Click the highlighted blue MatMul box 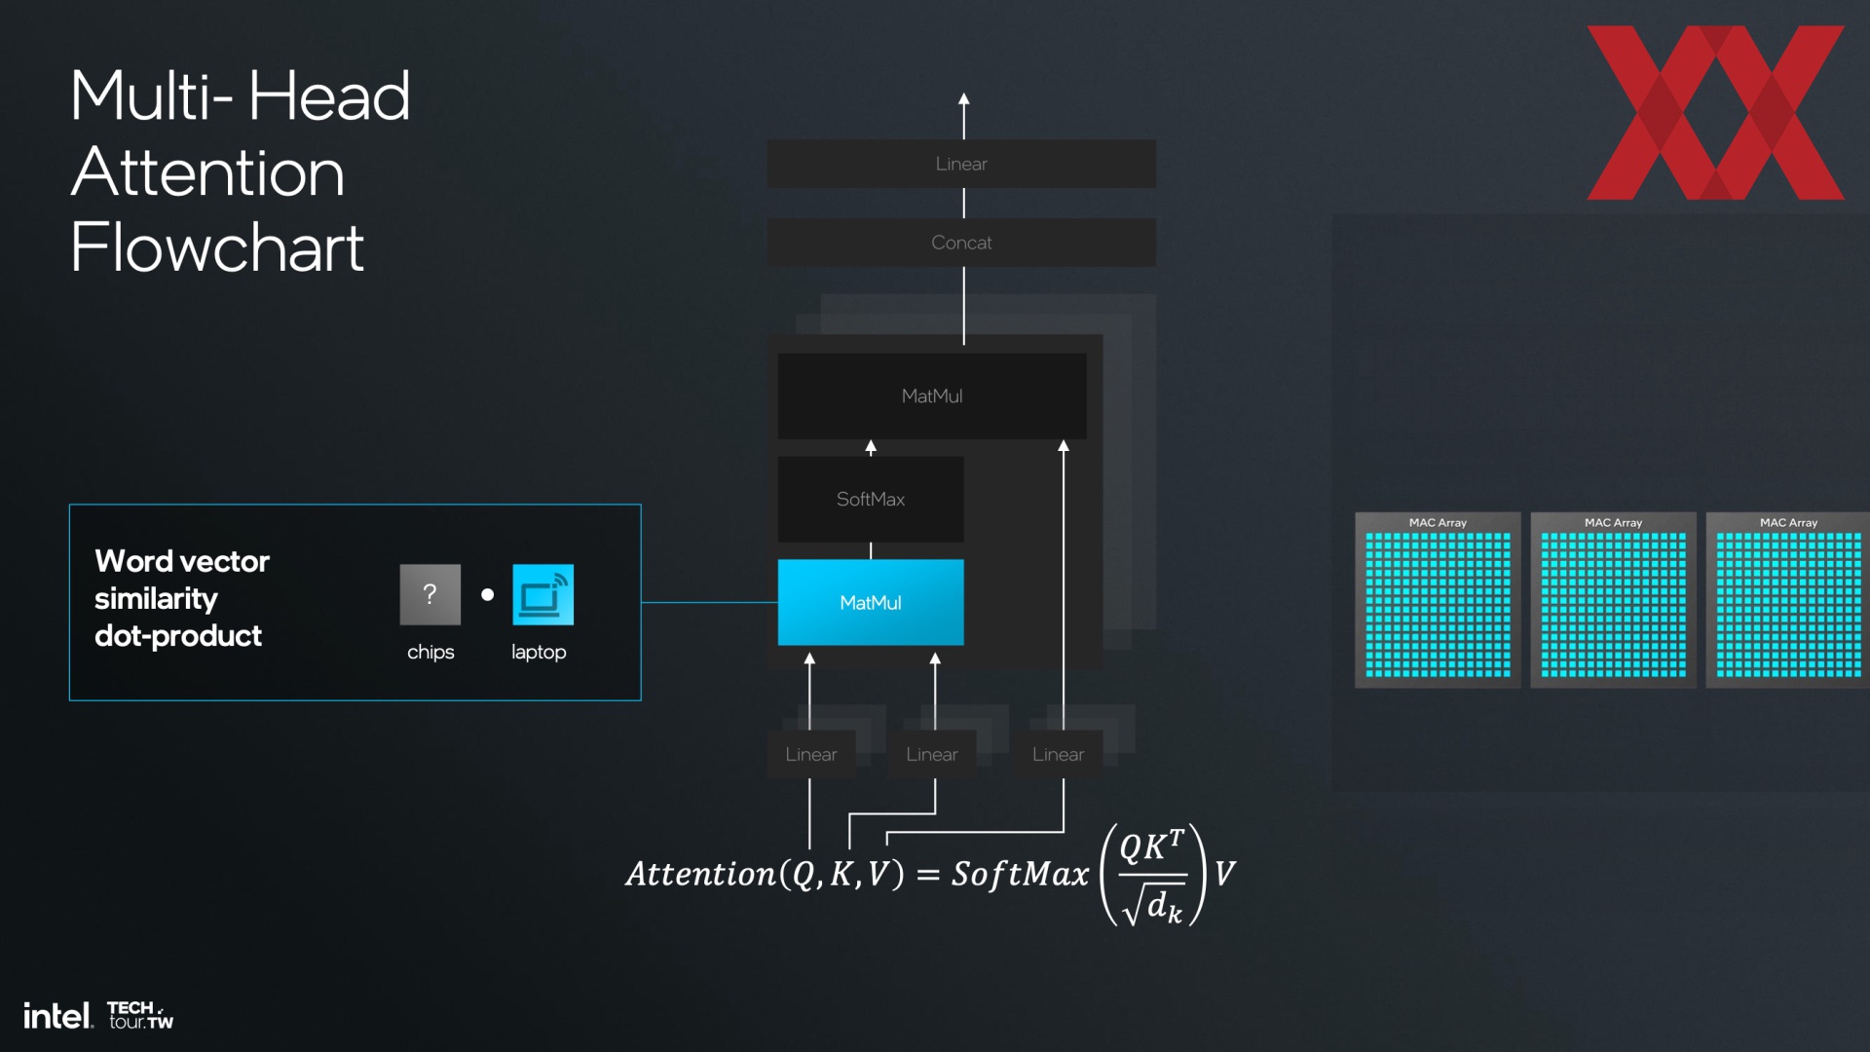click(x=871, y=602)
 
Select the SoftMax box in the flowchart click(x=871, y=499)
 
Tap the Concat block click(x=961, y=243)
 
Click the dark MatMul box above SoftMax click(x=932, y=395)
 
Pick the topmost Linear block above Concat click(x=961, y=164)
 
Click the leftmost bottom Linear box click(x=811, y=754)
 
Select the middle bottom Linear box click(x=932, y=754)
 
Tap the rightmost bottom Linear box click(x=1058, y=754)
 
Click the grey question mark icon click(x=430, y=594)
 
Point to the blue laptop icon click(x=542, y=594)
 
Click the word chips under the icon click(x=430, y=652)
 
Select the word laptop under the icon click(x=539, y=652)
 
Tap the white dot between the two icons click(x=487, y=594)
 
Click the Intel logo click(x=58, y=1016)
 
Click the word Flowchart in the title click(x=217, y=247)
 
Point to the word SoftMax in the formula click(x=1020, y=874)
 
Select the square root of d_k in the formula click(x=1152, y=904)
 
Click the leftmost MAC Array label click(x=1438, y=523)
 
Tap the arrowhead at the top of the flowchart click(x=963, y=99)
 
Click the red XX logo click(x=1715, y=112)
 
